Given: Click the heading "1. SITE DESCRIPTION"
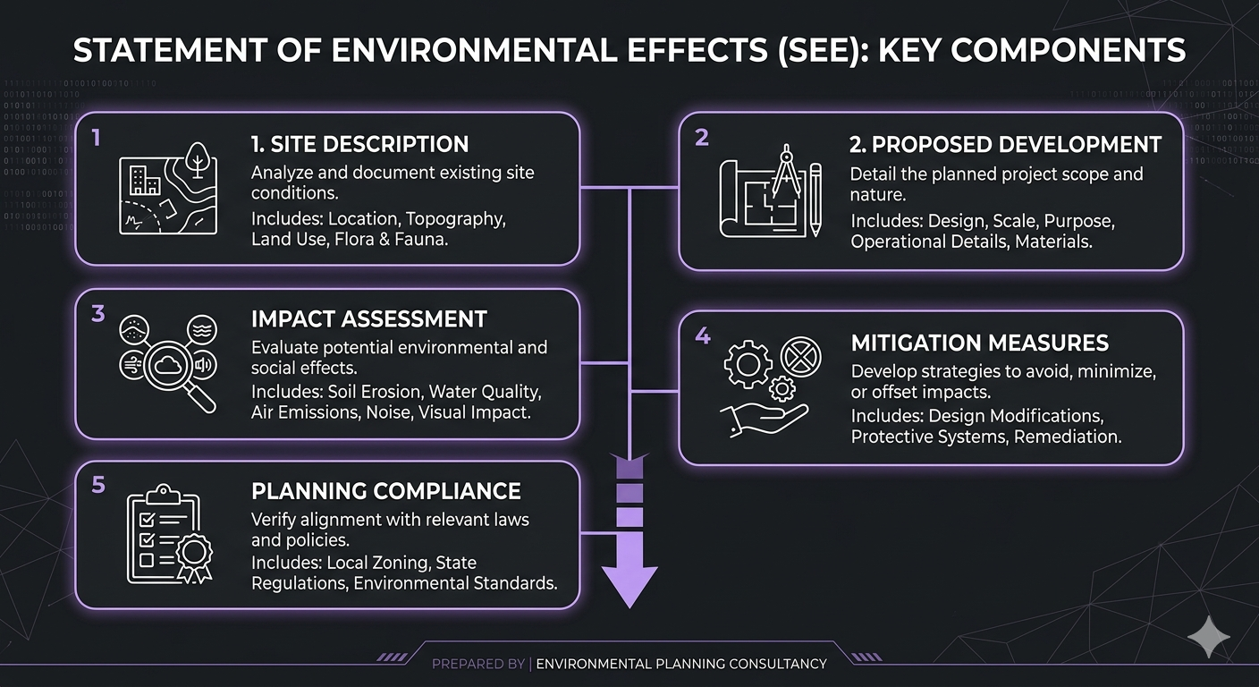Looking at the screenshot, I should (x=359, y=144).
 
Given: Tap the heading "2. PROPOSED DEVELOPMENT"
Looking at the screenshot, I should (x=1006, y=144).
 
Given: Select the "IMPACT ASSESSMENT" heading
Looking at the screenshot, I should (x=368, y=319).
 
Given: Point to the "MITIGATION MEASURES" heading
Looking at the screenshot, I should (x=979, y=343).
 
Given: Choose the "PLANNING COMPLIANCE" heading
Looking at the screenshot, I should (x=386, y=491).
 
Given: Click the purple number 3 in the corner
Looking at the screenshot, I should (x=98, y=314).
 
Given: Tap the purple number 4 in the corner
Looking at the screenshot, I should (x=703, y=336).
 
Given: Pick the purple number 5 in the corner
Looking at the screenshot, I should (x=98, y=485).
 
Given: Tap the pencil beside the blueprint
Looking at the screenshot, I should (x=815, y=199).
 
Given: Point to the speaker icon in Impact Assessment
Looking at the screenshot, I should (x=203, y=364).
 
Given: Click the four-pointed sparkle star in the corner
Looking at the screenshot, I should (x=1208, y=637).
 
